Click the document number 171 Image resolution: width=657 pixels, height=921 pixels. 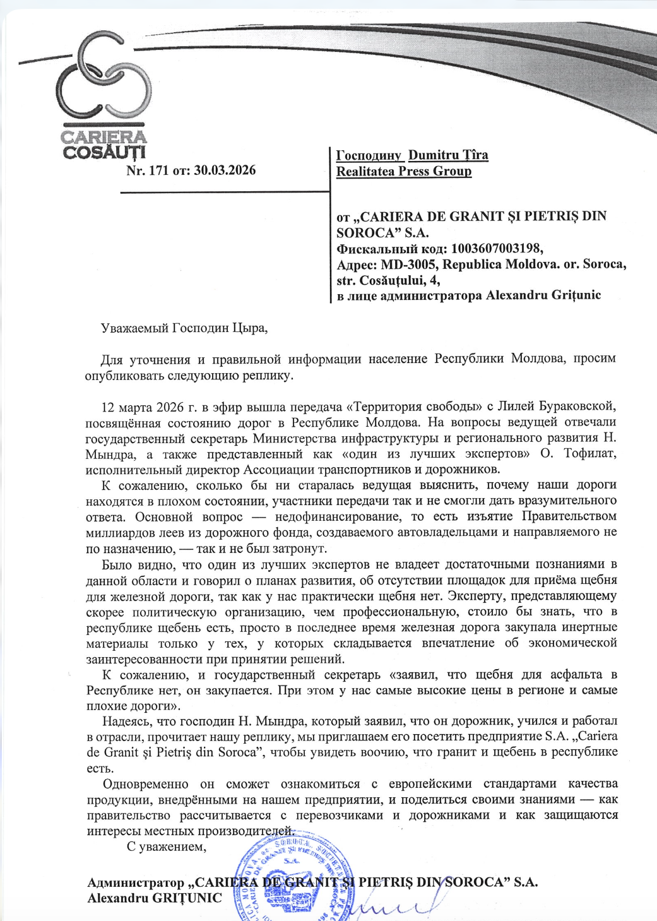tap(158, 170)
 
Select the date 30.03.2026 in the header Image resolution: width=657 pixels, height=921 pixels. tap(225, 170)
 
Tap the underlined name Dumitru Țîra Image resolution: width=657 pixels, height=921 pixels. tap(448, 155)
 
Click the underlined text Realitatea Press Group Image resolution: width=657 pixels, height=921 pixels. tap(404, 172)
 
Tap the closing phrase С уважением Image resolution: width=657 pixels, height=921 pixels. tap(167, 847)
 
